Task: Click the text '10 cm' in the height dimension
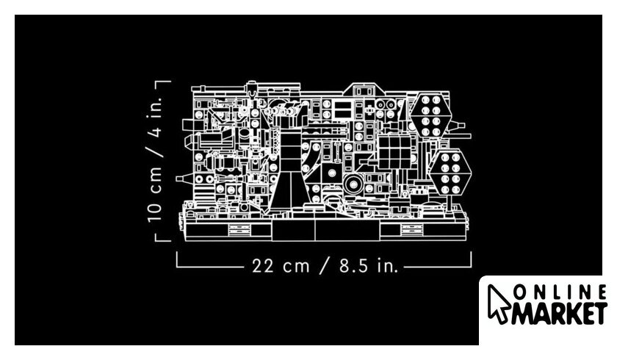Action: (154, 195)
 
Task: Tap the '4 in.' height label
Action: (156, 117)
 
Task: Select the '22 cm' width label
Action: (281, 266)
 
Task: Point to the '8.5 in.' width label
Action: (369, 266)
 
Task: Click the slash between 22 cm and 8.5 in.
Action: (325, 266)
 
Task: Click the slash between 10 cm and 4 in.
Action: (155, 152)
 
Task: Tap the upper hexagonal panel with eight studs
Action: (430, 115)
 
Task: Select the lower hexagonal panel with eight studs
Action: (450, 173)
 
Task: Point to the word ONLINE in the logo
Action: (560, 293)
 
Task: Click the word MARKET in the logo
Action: (559, 313)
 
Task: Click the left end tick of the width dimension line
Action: (177, 259)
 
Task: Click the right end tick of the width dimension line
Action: (471, 259)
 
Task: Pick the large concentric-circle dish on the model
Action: (353, 184)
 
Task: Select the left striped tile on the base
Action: (239, 230)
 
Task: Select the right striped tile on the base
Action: (412, 230)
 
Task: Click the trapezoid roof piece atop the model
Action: (363, 90)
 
